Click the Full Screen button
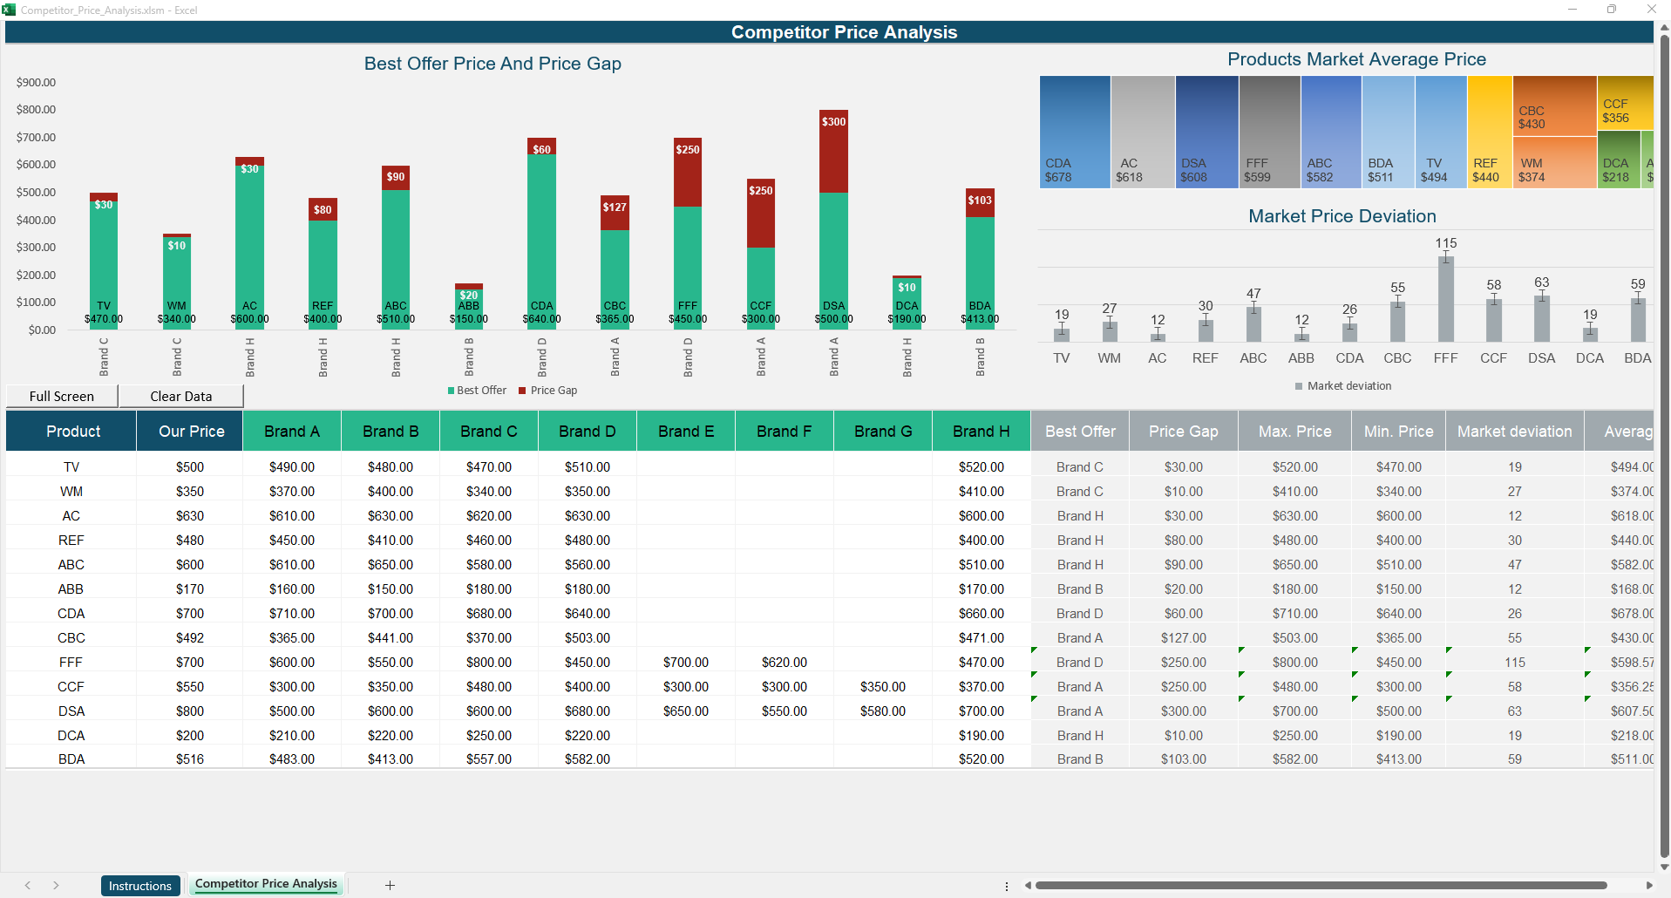62,396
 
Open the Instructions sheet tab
140,886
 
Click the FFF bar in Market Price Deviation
1445,298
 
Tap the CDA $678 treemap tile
1074,131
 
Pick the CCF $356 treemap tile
1624,103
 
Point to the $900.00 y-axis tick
36,82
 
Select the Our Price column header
191,432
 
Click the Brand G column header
883,432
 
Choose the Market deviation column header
1514,432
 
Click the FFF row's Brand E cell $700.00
685,663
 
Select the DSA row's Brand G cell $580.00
882,711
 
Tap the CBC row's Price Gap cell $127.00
1183,638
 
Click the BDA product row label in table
71,759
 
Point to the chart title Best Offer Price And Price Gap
492,64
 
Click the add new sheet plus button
390,885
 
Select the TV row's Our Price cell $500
190,467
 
